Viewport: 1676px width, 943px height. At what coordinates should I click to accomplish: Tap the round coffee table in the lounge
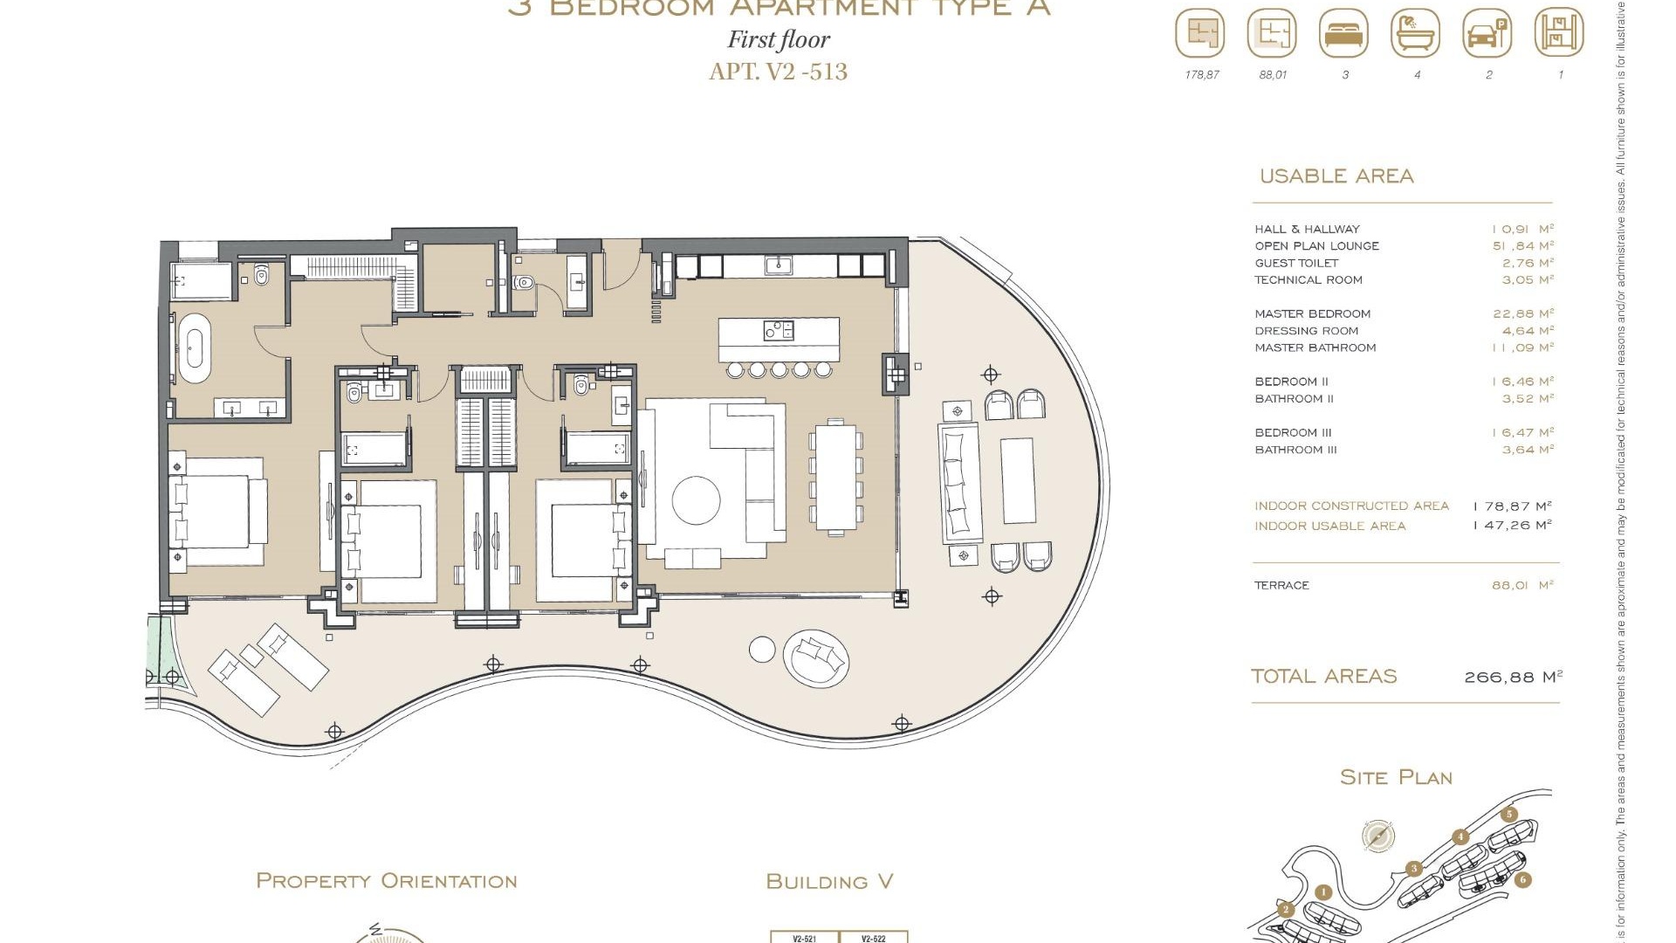coord(696,500)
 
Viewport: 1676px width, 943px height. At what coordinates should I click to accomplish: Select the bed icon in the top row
coord(1344,33)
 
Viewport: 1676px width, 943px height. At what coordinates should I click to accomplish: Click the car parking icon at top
coord(1487,33)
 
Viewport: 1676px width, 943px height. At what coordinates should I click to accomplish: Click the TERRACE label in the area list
coord(1281,586)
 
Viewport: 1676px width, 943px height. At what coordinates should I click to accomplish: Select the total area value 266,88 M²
coord(1513,677)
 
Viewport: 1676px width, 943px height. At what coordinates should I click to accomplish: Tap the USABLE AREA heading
coord(1336,176)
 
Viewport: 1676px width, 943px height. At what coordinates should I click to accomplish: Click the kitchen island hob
coord(779,330)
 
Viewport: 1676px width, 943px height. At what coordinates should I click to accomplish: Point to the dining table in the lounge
coord(835,477)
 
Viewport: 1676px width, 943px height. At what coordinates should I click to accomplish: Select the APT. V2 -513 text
coord(778,72)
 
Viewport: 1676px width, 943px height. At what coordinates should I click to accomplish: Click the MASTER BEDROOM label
coord(1312,314)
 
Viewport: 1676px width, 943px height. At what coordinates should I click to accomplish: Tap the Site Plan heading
coord(1395,777)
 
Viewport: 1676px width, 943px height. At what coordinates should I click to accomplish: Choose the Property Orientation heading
coord(386,881)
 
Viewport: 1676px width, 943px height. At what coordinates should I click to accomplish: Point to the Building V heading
coord(829,882)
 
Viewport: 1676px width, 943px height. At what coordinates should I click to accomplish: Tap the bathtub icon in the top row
coord(1415,33)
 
